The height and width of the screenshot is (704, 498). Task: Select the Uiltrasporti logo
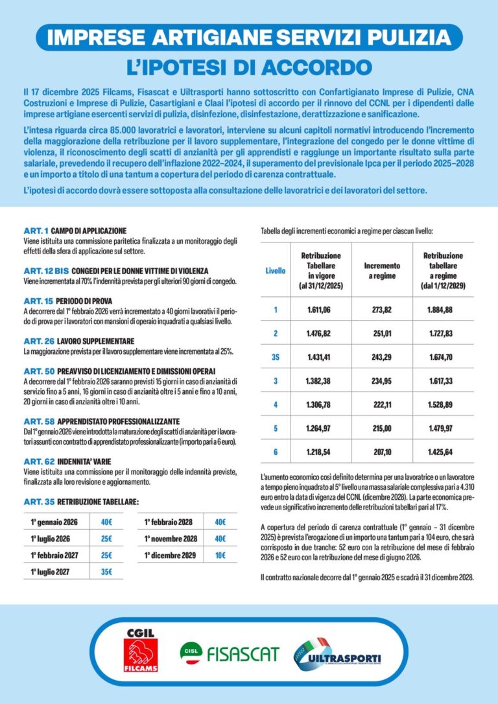point(337,650)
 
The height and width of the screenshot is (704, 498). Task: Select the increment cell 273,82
point(382,310)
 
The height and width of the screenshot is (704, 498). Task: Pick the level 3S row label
point(275,357)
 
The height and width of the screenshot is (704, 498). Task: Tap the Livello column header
point(275,270)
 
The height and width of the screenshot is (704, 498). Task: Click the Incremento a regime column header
point(382,270)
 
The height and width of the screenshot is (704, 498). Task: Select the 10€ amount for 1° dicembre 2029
point(220,555)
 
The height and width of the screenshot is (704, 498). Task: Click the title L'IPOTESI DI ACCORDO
point(249,67)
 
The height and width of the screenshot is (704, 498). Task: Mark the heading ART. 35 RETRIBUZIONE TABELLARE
point(81,502)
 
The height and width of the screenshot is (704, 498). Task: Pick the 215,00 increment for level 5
point(382,428)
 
